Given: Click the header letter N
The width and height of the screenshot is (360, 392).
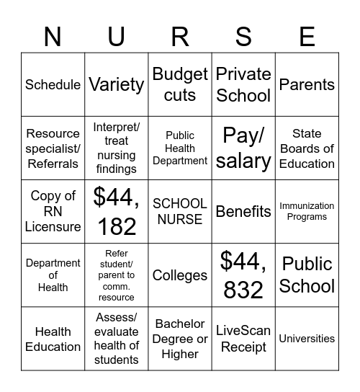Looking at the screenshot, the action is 53,35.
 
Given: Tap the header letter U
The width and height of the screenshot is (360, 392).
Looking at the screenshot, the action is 117,35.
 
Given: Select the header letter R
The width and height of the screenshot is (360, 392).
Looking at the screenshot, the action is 180,35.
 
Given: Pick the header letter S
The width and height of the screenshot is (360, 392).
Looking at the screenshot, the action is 243,35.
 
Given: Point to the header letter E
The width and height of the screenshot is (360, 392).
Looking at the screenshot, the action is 307,35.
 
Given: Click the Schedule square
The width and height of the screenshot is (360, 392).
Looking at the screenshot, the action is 53,84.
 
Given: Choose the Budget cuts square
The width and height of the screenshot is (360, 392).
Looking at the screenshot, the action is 180,84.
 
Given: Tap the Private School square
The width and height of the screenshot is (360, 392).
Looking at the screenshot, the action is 243,84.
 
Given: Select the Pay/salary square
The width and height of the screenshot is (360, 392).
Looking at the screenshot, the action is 243,148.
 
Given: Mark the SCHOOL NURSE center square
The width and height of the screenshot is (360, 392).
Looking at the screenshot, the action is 180,211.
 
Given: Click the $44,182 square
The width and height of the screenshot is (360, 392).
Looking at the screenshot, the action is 117,211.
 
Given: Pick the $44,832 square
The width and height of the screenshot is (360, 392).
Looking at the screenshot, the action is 243,275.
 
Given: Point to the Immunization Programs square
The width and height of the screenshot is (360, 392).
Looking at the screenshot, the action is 307,211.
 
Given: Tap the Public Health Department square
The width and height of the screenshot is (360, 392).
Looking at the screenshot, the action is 180,148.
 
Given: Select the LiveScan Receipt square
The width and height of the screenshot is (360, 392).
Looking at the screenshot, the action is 243,339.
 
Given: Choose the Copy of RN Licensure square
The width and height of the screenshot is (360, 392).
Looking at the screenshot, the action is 53,211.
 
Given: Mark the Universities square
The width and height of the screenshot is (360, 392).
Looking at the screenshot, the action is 307,339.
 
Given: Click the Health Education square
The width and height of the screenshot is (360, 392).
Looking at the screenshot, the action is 53,339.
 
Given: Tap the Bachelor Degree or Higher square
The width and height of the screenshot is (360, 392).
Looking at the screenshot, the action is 180,339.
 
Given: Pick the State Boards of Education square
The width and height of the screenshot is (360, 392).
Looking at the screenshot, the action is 307,148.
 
